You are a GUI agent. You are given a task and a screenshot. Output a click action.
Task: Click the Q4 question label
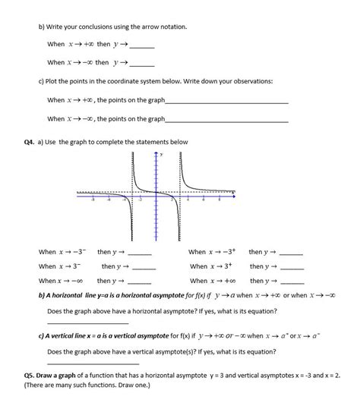click(x=30, y=142)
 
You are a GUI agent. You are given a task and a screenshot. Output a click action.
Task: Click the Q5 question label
click(x=30, y=376)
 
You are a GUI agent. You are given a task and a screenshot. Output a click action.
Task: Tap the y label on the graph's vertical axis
click(x=160, y=155)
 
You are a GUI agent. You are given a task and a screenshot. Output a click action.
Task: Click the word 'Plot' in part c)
click(x=54, y=80)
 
